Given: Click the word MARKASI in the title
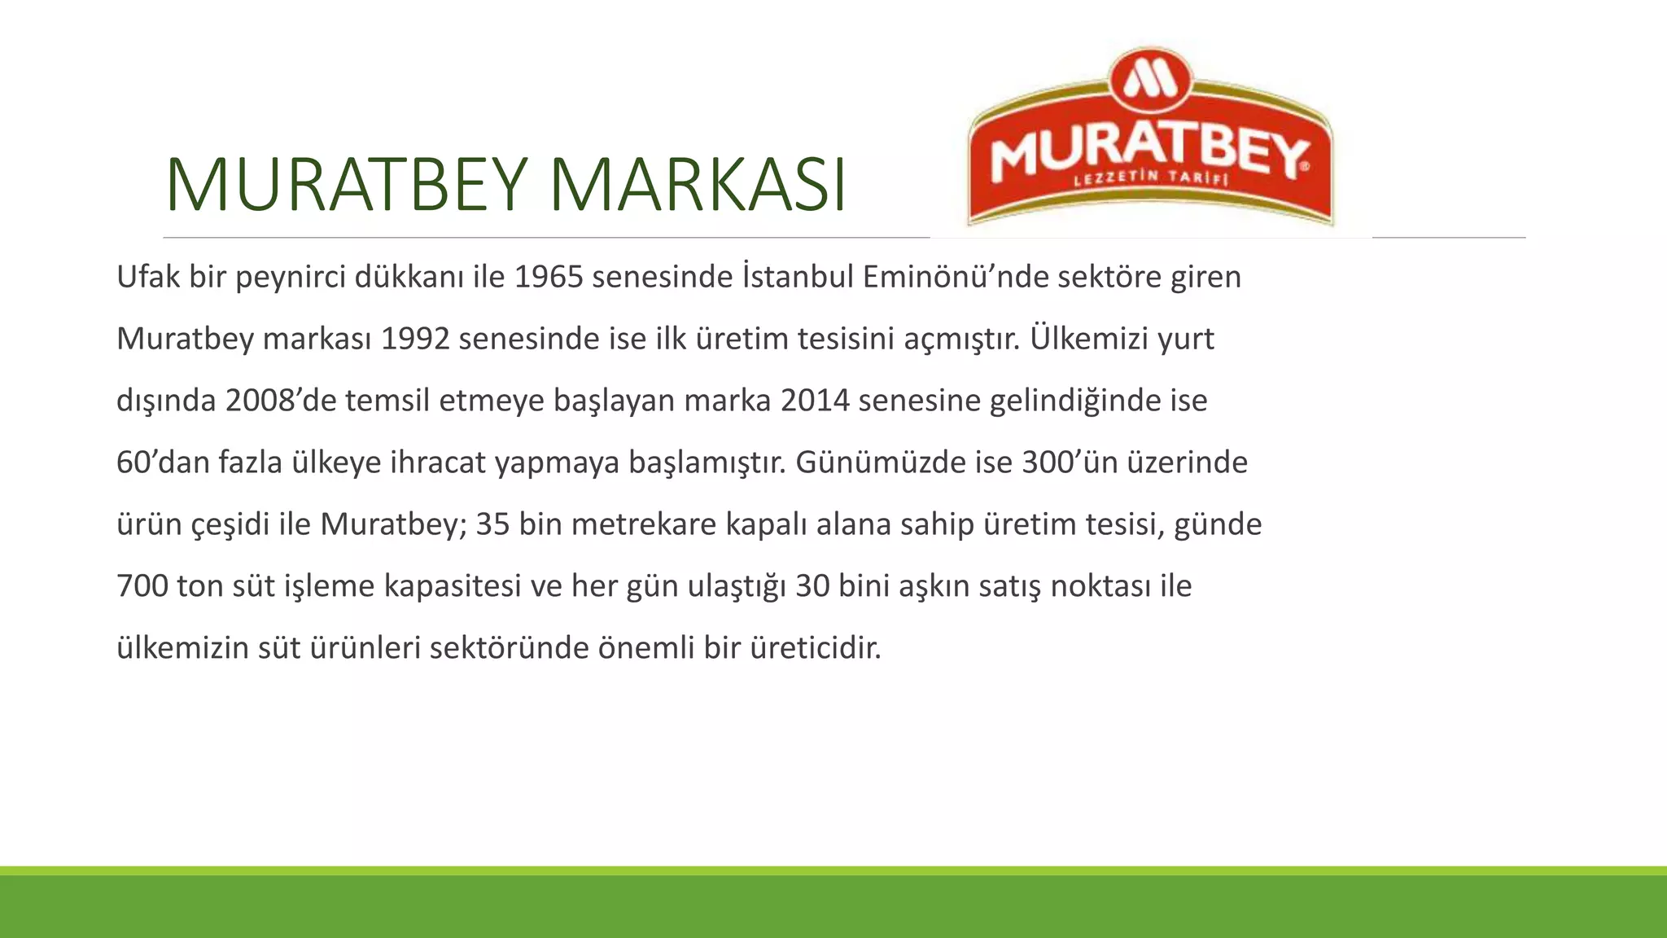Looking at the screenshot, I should click(698, 185).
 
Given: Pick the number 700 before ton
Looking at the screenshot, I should click(142, 586).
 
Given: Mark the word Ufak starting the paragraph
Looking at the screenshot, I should click(148, 278).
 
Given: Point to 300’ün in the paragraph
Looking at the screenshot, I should click(1071, 462).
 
